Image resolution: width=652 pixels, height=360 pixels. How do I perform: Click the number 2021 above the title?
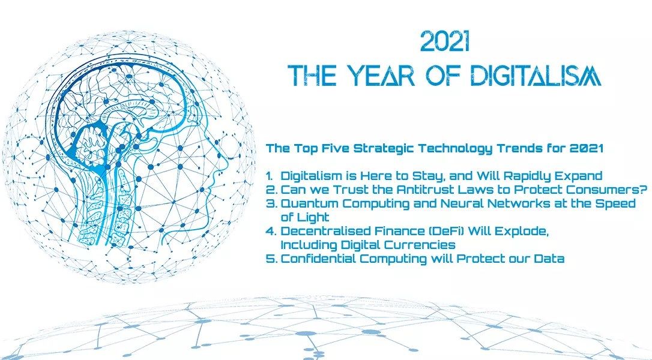pyautogui.click(x=444, y=41)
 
